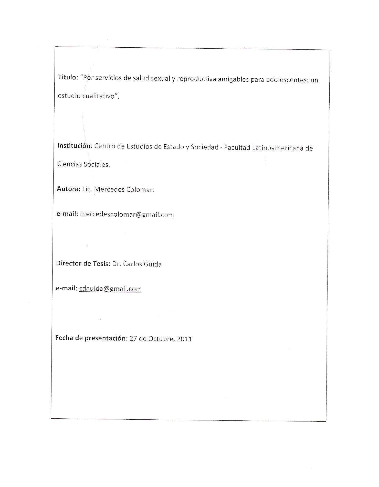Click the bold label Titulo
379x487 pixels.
(67, 77)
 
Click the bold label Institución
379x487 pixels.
(74, 145)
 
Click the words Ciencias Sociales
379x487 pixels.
(83, 164)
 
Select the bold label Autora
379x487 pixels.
(68, 189)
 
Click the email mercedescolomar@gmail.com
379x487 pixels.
(127, 215)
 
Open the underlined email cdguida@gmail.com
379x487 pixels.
(110, 289)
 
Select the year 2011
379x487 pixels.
(184, 339)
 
